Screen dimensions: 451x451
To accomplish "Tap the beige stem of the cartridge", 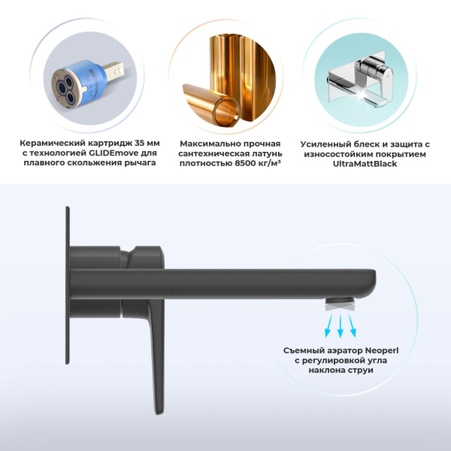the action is [113, 71].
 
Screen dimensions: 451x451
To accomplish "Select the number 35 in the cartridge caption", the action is [141, 143].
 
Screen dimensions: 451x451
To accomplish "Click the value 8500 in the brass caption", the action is [245, 163].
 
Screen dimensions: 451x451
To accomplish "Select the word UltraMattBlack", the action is [365, 164].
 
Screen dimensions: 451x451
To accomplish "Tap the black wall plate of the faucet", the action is [68, 286].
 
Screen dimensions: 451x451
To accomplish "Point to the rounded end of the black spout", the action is [373, 283].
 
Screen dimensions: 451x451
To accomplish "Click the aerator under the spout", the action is [340, 304].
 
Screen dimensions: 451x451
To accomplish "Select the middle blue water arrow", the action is [341, 325].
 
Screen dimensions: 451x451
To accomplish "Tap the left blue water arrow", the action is [329, 325].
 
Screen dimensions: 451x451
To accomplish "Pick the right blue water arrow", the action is [353, 325].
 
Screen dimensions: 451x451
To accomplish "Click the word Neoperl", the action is [382, 351].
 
